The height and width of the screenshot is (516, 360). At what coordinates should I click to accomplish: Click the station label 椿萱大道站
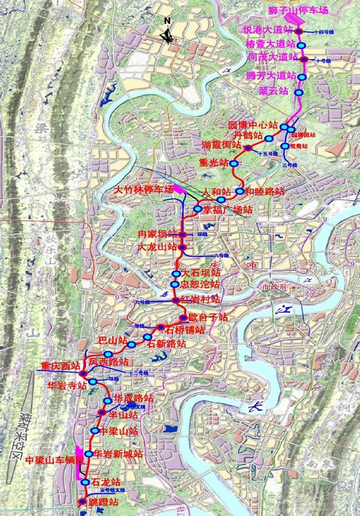click(x=270, y=45)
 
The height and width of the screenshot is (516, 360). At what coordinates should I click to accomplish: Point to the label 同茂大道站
click(x=273, y=58)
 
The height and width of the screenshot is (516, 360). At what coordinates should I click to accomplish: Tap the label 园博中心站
click(x=254, y=125)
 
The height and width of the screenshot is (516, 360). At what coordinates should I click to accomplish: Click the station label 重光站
click(x=214, y=164)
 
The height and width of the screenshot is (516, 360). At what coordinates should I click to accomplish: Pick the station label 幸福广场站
click(x=228, y=209)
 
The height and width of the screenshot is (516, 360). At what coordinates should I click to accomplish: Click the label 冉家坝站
click(x=158, y=234)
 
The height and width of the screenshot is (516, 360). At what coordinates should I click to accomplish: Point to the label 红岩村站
click(x=200, y=299)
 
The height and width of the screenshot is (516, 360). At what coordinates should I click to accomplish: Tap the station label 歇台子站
click(x=207, y=317)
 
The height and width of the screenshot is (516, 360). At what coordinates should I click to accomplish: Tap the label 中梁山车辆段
click(x=54, y=459)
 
